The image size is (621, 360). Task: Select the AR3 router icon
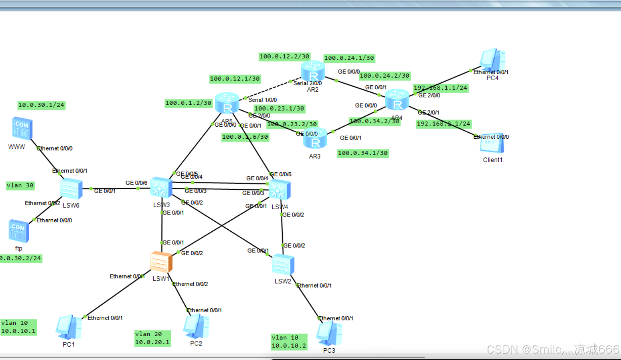pos(315,138)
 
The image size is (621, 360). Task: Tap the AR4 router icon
pos(397,100)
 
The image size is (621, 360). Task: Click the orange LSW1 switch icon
pos(161,262)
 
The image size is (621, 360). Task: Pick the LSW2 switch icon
pos(283,265)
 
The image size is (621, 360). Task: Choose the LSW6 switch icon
pos(71,189)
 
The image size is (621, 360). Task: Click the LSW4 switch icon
pos(280,190)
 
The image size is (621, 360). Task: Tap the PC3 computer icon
pos(329,333)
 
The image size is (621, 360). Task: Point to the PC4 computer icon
pos(492,60)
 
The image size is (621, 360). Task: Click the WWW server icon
pos(22,129)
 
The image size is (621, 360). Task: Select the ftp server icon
pos(19,231)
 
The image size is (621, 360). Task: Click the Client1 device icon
pos(492,143)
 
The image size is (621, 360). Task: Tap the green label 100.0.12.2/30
pos(284,57)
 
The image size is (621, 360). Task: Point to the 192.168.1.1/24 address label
pos(441,88)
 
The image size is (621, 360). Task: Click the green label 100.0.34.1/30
pos(363,153)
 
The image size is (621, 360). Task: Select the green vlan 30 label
pos(20,186)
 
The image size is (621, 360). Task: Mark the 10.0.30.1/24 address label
pos(41,105)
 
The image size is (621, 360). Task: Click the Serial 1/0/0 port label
pos(263,100)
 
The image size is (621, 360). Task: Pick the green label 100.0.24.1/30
pos(349,58)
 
